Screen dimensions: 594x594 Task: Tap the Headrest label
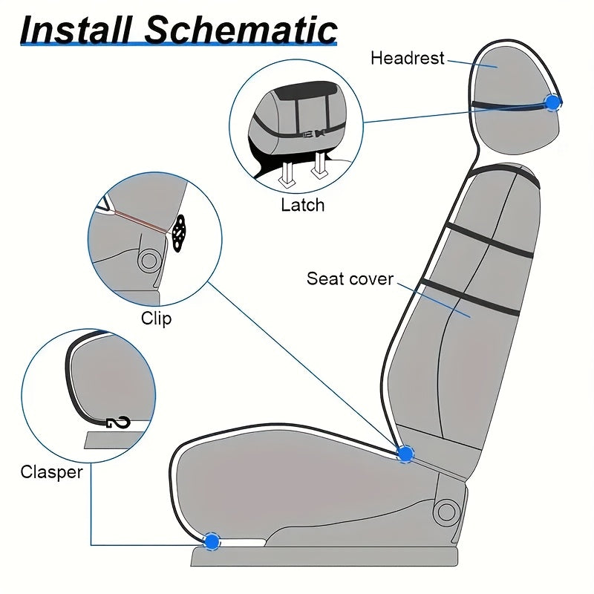tap(408, 57)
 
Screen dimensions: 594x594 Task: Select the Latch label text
tap(302, 205)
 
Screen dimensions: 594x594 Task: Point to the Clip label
tap(156, 319)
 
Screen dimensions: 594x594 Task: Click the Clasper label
tap(51, 471)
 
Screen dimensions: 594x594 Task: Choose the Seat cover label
tap(350, 279)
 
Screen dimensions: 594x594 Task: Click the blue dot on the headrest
tap(552, 102)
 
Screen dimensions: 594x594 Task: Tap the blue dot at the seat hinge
tap(405, 453)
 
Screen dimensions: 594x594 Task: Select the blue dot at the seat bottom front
tap(212, 541)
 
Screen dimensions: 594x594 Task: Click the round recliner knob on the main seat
tap(447, 511)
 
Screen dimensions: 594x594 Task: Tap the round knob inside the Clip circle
tap(148, 260)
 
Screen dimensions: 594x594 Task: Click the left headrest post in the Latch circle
tap(287, 173)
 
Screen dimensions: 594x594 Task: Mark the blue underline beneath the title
tap(178, 46)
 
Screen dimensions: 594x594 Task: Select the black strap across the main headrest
tap(512, 107)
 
